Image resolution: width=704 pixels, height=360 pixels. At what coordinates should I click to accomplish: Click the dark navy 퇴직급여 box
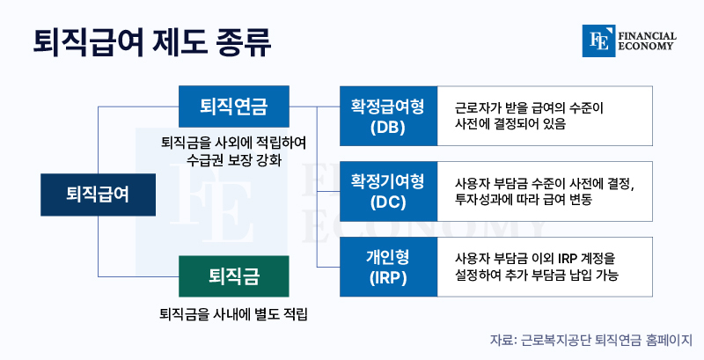pyautogui.click(x=98, y=195)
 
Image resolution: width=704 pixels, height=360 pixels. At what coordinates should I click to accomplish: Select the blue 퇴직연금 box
pyautogui.click(x=233, y=107)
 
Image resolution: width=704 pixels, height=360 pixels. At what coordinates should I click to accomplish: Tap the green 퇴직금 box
pyautogui.click(x=233, y=276)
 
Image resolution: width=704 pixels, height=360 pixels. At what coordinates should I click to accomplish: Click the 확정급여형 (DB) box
pyautogui.click(x=388, y=116)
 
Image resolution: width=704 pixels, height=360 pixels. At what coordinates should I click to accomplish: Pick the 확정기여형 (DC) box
pyautogui.click(x=388, y=191)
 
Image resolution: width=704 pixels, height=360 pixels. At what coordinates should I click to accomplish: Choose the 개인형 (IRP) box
pyautogui.click(x=388, y=267)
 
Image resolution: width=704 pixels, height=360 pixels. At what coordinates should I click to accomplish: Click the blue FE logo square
pyautogui.click(x=598, y=40)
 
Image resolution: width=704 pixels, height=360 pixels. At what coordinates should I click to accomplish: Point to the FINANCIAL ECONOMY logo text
pyautogui.click(x=647, y=40)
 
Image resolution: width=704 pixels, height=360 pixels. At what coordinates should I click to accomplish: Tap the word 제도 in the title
pyautogui.click(x=180, y=42)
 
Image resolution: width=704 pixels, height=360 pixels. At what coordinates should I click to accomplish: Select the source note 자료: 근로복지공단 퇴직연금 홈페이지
pyautogui.click(x=590, y=340)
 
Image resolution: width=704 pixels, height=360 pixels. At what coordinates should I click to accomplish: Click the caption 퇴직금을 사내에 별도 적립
pyautogui.click(x=233, y=313)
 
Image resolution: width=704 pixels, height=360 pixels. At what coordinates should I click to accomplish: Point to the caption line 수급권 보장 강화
pyautogui.click(x=234, y=160)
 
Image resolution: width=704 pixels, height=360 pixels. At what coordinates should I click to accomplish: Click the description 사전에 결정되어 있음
pyautogui.click(x=510, y=123)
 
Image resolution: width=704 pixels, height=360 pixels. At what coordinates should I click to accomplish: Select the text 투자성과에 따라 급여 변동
pyautogui.click(x=524, y=199)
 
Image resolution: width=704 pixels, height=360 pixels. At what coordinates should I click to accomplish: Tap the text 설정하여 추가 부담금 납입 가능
pyautogui.click(x=537, y=275)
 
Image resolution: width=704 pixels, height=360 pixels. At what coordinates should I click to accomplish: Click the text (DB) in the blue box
pyautogui.click(x=388, y=128)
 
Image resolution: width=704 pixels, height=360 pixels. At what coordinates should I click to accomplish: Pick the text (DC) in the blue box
pyautogui.click(x=388, y=203)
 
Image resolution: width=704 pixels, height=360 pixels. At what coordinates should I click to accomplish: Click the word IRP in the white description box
pyautogui.click(x=567, y=259)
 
